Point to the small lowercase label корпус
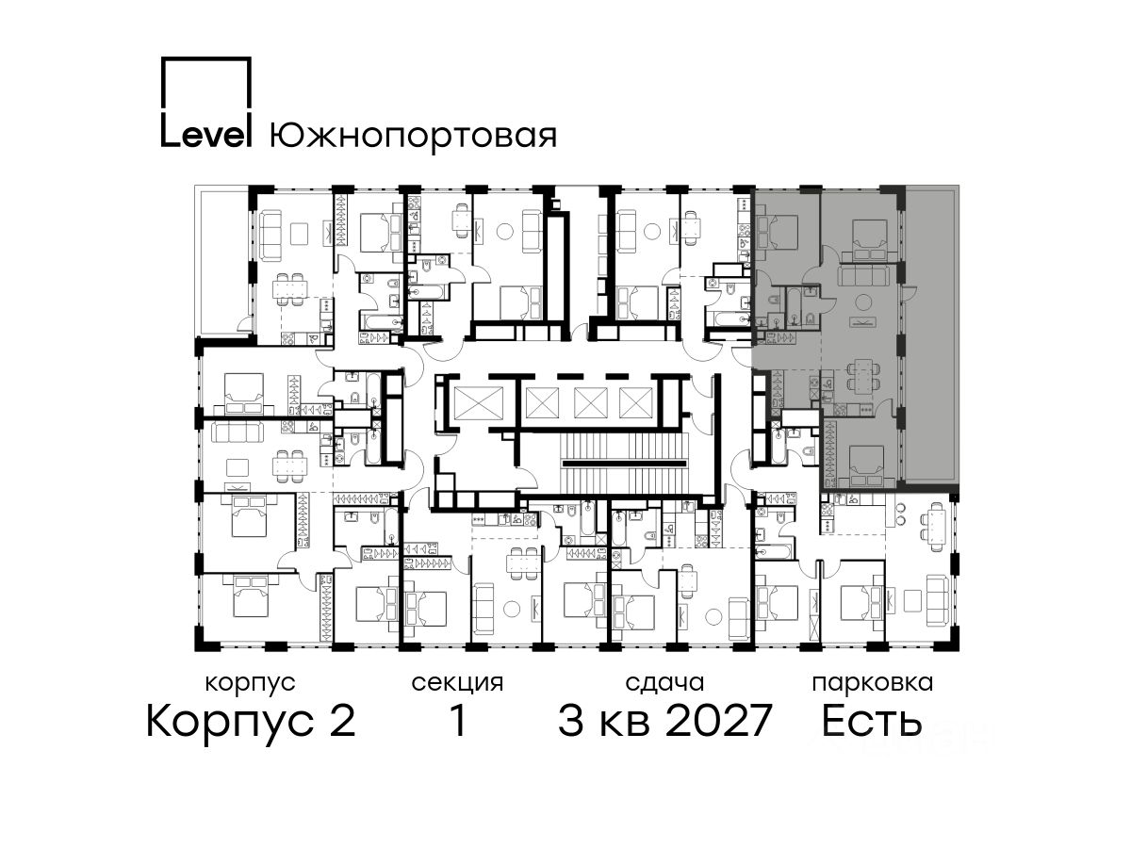[x=250, y=684]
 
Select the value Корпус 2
[x=252, y=722]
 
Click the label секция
[x=457, y=684]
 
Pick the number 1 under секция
[x=457, y=720]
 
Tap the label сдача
[x=664, y=684]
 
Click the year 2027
[x=719, y=721]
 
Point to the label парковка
[x=873, y=684]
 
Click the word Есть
[x=871, y=721]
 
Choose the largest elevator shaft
[x=478, y=402]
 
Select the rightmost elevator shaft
[x=635, y=402]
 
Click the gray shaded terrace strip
[x=931, y=334]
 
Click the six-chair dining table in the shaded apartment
[x=861, y=376]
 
